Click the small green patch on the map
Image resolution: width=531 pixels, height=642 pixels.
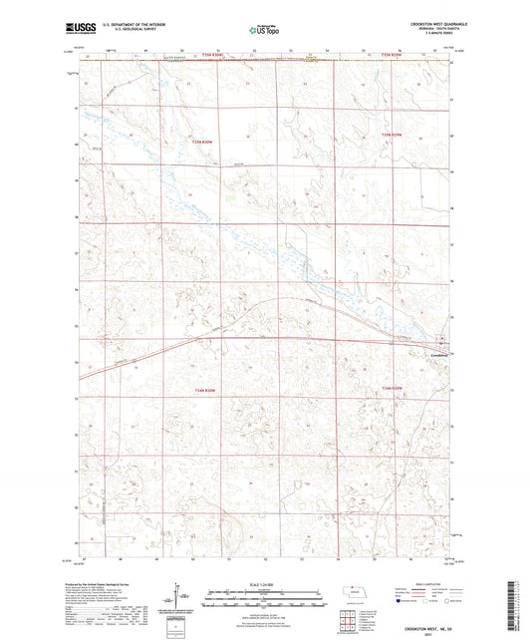(x=231, y=196)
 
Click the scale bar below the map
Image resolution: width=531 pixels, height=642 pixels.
(x=265, y=597)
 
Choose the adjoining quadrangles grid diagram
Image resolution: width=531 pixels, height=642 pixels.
(x=348, y=624)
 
